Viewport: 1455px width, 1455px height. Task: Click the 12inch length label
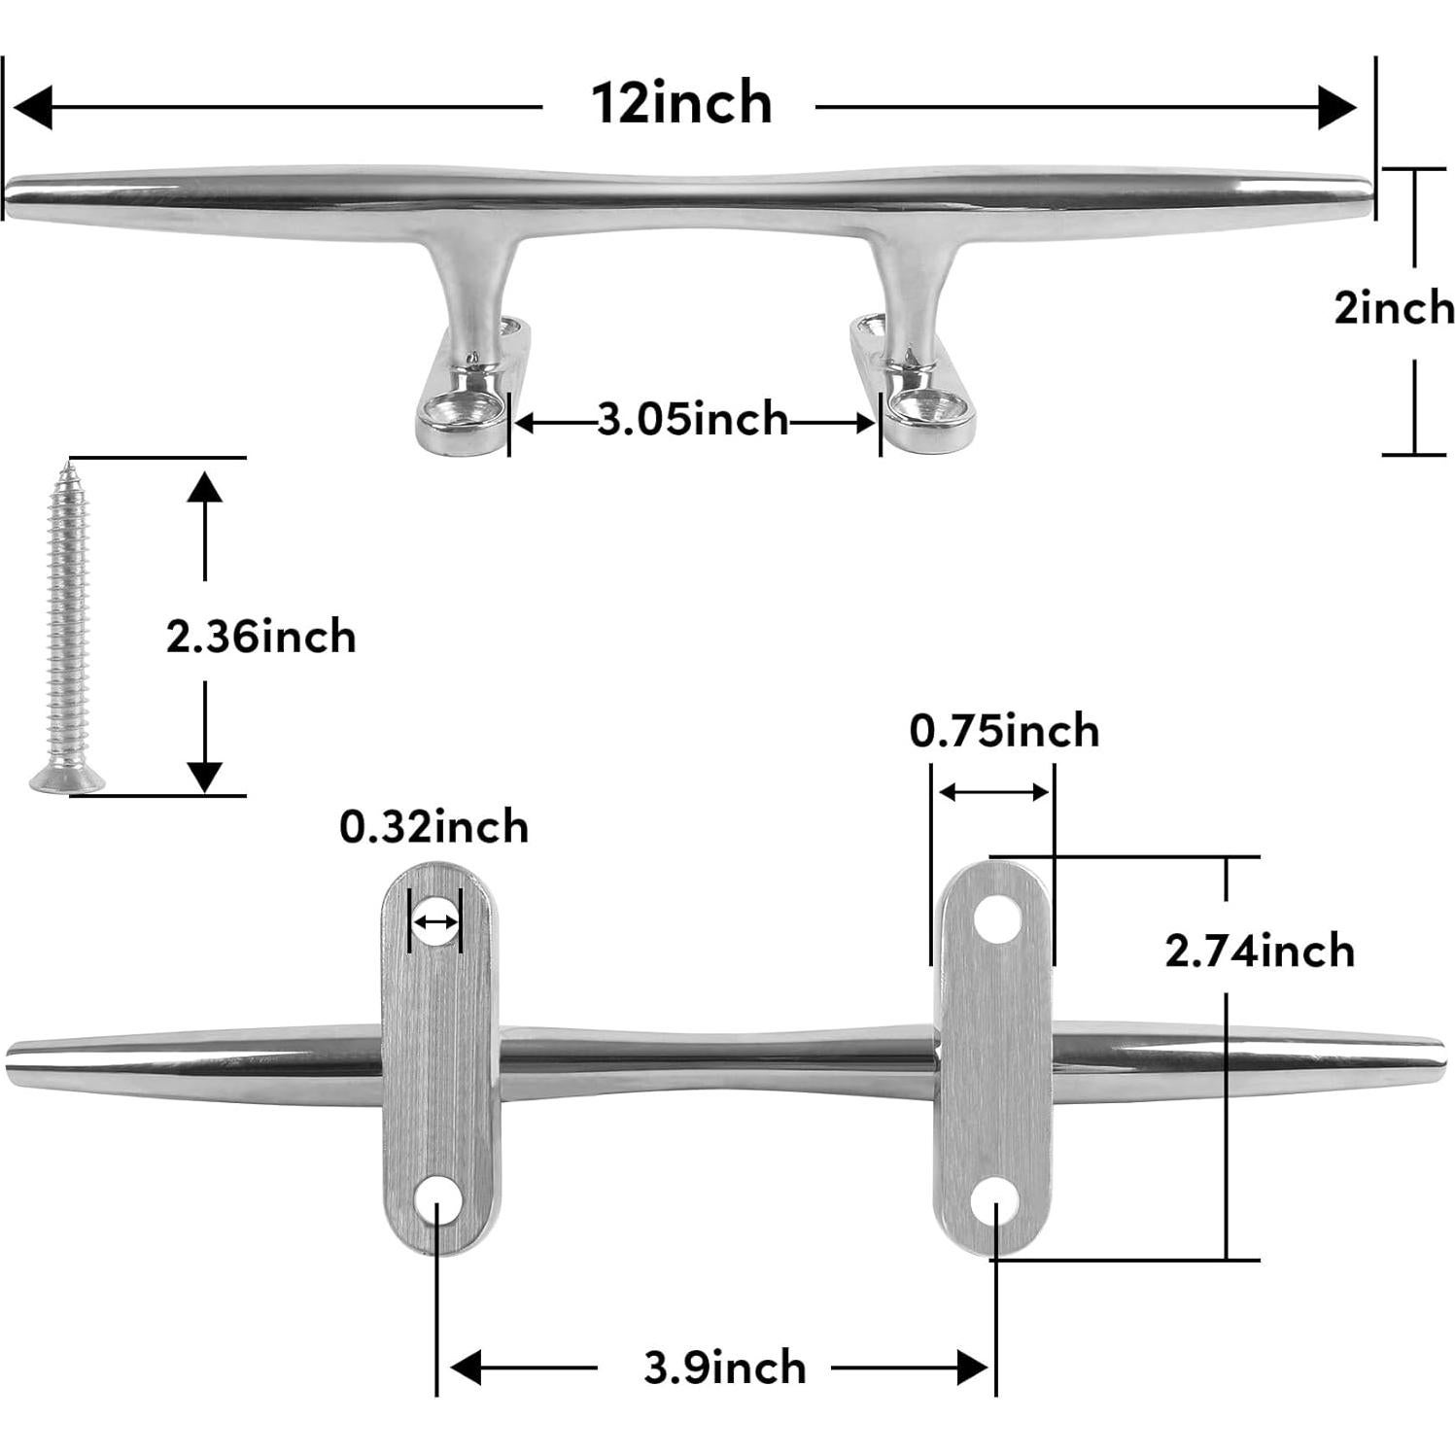coord(681,103)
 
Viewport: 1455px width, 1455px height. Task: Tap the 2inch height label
coord(1394,309)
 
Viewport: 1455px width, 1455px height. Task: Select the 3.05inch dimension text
coord(692,420)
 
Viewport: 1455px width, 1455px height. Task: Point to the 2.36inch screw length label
coord(260,638)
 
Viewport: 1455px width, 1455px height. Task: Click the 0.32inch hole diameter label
coord(433,828)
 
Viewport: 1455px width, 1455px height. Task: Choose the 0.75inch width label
coord(1004,731)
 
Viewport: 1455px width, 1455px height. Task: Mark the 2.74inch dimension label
coord(1260,951)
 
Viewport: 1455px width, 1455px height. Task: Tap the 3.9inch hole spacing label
coord(724,1368)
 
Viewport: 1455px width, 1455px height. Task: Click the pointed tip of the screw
coord(68,468)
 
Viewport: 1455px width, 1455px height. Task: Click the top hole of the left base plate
coord(434,920)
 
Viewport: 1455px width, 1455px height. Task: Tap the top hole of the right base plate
coord(998,918)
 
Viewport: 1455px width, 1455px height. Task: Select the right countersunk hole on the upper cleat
coord(923,408)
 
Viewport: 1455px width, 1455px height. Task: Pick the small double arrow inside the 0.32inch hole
coord(434,920)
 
